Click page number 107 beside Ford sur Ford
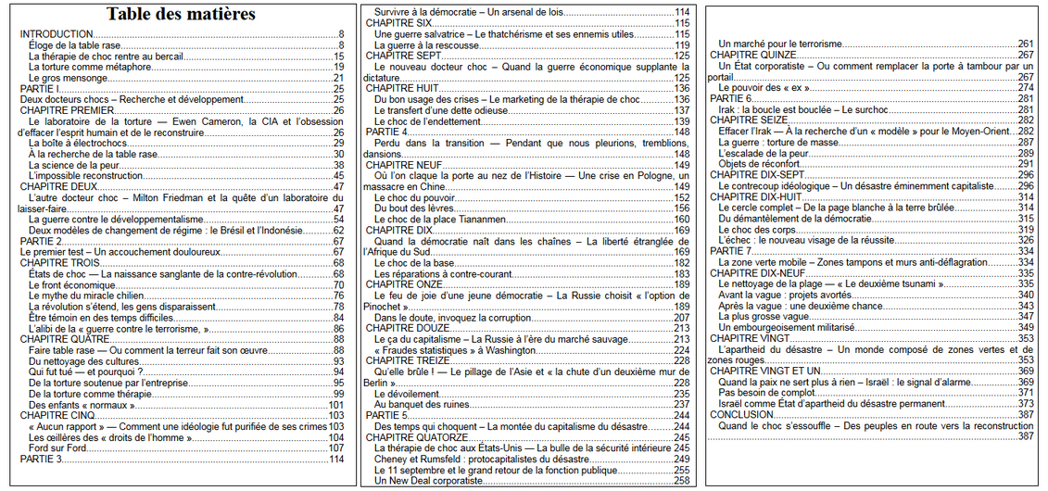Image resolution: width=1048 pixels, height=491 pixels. (336, 447)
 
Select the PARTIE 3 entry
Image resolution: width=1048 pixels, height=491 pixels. (43, 459)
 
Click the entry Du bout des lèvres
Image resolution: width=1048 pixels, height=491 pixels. (413, 208)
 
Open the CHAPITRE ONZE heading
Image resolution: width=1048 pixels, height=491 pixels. (404, 283)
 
